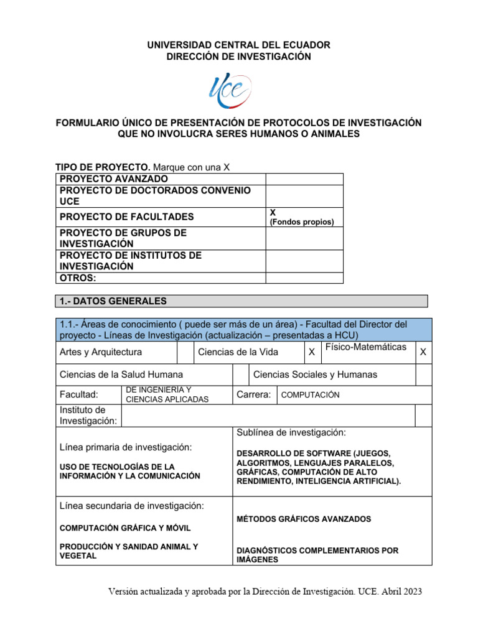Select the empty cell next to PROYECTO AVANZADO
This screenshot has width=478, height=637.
pyautogui.click(x=304, y=179)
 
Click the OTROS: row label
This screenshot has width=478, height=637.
pyautogui.click(x=78, y=278)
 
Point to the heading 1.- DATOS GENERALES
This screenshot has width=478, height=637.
pyautogui.click(x=113, y=301)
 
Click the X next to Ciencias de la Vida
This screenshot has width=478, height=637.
pyautogui.click(x=311, y=352)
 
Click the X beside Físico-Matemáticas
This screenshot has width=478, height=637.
pyautogui.click(x=423, y=352)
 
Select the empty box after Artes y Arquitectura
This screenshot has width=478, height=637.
pyautogui.click(x=185, y=352)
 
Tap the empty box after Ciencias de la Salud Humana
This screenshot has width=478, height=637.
pyautogui.click(x=240, y=374)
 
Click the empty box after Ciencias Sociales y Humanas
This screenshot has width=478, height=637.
pyautogui.click(x=423, y=374)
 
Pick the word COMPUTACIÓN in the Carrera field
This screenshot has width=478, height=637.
pyautogui.click(x=311, y=395)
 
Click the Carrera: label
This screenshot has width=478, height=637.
pyautogui.click(x=253, y=395)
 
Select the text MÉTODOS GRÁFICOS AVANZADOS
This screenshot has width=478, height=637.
pyautogui.click(x=304, y=519)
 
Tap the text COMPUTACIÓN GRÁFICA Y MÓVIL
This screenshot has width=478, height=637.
pyautogui.click(x=125, y=528)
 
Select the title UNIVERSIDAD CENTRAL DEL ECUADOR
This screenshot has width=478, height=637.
pyautogui.click(x=238, y=45)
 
